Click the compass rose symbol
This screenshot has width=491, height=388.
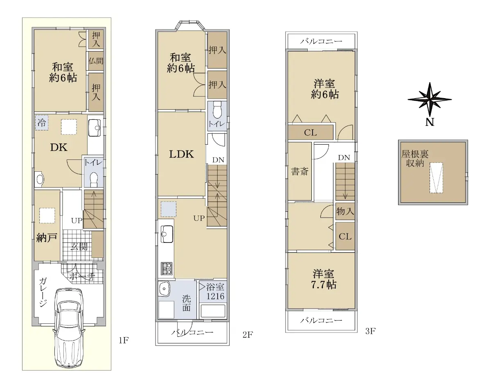coord(430,100)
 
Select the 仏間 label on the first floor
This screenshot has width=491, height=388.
coord(96,61)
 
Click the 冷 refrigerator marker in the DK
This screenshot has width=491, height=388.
coord(42,123)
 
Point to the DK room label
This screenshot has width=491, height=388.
coord(59,148)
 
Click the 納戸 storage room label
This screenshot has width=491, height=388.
coord(47,238)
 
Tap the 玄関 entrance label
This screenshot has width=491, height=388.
coord(79,247)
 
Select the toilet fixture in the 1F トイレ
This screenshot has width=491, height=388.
coord(94,179)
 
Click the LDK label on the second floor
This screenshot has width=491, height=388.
coord(181,154)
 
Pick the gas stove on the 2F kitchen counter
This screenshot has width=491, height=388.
coord(167,269)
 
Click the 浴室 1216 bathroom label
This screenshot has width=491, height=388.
coord(215,292)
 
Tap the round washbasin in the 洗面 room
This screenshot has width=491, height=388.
coord(164,288)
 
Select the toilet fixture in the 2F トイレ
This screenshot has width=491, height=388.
coord(217,110)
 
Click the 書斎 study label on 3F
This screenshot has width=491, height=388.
coord(300,171)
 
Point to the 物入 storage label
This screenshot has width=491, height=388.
coord(345,211)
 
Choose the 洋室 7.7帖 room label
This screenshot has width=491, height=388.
coord(324,279)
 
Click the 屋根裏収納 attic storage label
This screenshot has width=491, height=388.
coord(415,159)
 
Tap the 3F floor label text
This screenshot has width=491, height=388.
coord(370,331)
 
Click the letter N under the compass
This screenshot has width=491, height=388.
coord(430,122)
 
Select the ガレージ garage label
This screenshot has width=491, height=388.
coord(43,292)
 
